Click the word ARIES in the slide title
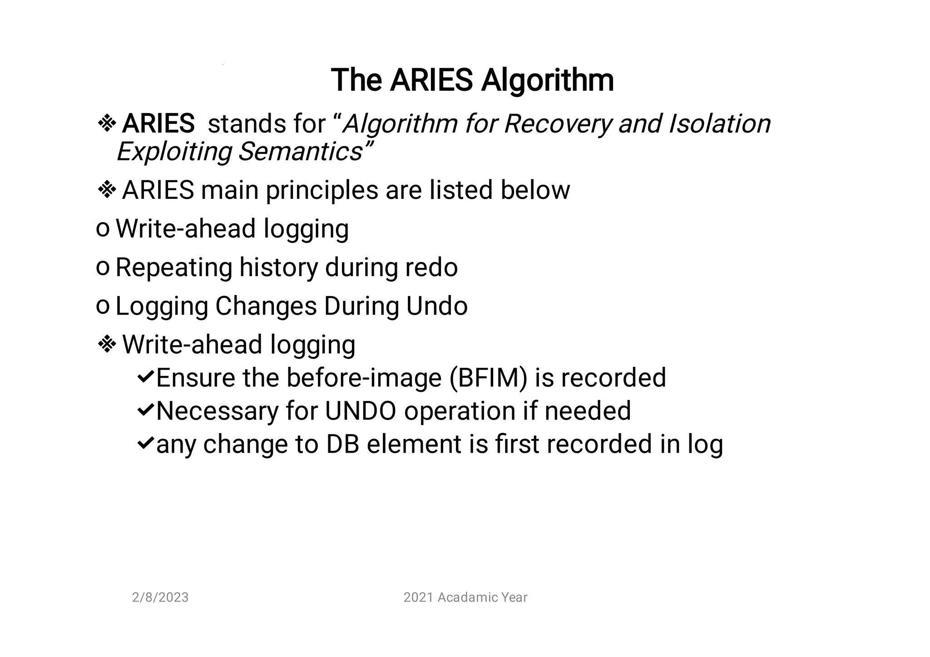click(431, 80)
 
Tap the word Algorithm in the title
click(547, 80)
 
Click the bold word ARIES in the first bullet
click(158, 123)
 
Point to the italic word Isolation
click(720, 123)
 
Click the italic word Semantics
click(300, 151)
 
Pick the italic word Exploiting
click(174, 151)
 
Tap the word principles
click(322, 190)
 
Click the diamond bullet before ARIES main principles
click(107, 190)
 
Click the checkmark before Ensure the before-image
click(145, 377)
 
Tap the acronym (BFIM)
click(488, 378)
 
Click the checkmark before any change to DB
click(145, 443)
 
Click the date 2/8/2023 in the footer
click(160, 597)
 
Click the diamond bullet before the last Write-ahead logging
click(107, 345)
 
